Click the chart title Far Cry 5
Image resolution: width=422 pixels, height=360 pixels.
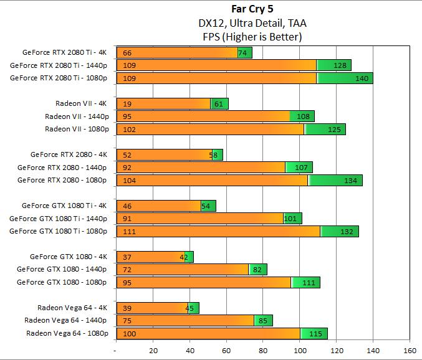click(252, 10)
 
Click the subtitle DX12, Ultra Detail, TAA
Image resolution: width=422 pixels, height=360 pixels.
click(252, 23)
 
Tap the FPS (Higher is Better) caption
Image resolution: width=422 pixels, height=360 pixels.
click(252, 37)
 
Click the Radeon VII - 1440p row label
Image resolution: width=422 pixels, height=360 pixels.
click(77, 116)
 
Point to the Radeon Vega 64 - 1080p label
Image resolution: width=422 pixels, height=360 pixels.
click(67, 333)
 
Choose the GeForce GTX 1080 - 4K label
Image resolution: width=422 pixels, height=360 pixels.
click(69, 257)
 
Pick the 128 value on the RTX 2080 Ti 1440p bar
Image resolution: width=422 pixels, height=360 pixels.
click(340, 65)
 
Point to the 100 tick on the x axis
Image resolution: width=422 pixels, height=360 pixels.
click(299, 350)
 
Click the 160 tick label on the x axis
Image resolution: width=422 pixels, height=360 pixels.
click(410, 350)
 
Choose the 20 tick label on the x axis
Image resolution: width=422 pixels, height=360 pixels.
click(153, 350)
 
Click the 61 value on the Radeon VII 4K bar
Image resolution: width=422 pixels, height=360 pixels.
click(219, 104)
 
